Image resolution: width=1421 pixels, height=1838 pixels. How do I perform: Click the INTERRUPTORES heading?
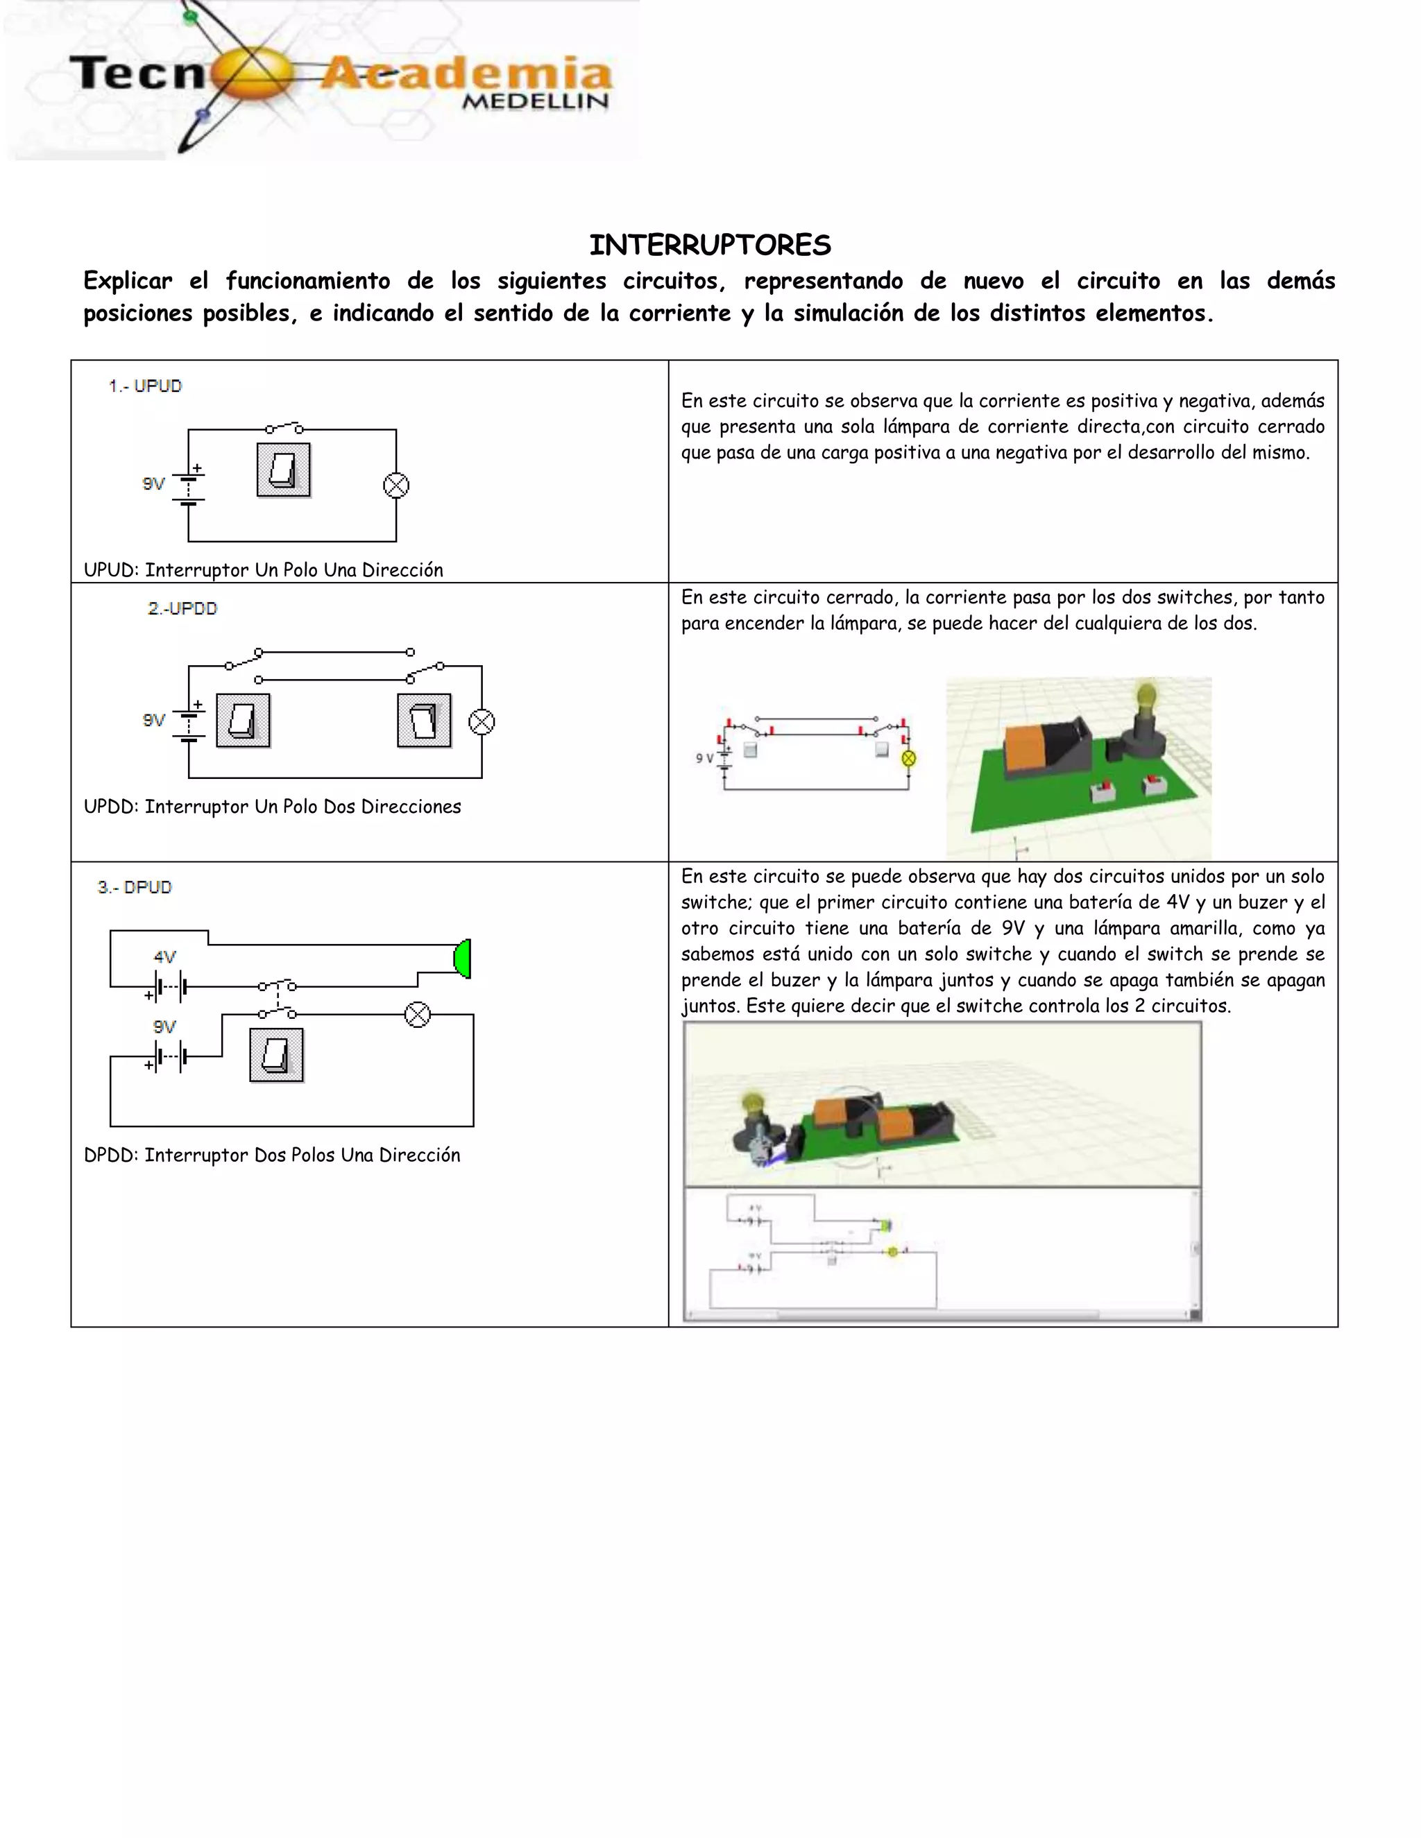[x=710, y=245]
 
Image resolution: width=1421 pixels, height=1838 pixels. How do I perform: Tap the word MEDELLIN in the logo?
[x=536, y=101]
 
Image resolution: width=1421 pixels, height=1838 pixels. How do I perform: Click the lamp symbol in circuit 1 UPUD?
[x=395, y=486]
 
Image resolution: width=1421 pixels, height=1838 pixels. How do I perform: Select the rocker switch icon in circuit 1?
[x=284, y=470]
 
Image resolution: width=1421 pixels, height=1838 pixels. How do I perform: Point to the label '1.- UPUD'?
[x=145, y=386]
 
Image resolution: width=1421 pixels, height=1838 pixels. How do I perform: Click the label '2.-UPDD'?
[x=182, y=608]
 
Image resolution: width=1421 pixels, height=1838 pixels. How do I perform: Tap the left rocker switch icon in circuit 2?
[x=244, y=721]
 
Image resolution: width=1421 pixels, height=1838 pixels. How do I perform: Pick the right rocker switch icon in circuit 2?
[x=424, y=721]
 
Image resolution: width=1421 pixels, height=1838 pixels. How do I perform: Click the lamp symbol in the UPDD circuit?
[x=482, y=722]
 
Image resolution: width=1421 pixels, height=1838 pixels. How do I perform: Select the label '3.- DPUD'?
[x=135, y=887]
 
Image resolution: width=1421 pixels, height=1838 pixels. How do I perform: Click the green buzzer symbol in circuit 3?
[x=463, y=959]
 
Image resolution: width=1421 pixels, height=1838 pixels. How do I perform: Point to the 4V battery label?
[x=165, y=957]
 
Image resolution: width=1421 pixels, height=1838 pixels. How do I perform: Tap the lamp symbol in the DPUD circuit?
[x=418, y=1014]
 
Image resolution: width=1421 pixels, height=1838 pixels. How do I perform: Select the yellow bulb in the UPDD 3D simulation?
[x=1146, y=697]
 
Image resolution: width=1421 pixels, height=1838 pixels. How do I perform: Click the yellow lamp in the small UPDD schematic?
[x=908, y=758]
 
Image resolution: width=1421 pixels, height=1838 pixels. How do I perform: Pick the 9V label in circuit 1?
[x=153, y=484]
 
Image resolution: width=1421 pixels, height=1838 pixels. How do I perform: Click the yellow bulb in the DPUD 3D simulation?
[x=751, y=1105]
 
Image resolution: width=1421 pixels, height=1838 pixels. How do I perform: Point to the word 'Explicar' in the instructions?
[x=128, y=280]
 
